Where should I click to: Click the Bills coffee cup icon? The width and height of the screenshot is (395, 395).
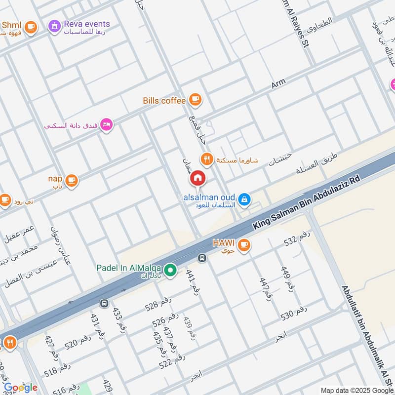tap(195, 100)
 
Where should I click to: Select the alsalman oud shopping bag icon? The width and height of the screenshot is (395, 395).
tap(243, 199)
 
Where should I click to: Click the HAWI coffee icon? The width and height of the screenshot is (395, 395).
tap(243, 244)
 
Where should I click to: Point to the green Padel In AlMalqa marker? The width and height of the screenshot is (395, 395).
tap(170, 270)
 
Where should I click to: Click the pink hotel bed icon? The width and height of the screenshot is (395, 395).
tap(106, 124)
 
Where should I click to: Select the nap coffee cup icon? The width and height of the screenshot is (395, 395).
tap(72, 180)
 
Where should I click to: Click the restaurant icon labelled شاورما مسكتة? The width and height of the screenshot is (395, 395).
tap(206, 159)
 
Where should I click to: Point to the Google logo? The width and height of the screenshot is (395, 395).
tap(21, 388)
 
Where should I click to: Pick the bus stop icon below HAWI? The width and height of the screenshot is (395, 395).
tap(201, 258)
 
